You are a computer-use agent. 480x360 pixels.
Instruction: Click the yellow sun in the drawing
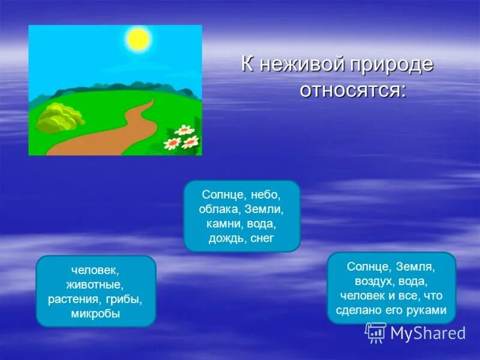coord(137,39)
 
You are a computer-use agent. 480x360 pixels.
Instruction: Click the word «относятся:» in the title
coord(352,91)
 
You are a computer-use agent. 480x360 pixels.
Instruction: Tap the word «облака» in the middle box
coord(220,209)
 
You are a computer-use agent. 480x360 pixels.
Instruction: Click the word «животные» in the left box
coord(96,285)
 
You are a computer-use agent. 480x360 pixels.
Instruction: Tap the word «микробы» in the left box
coord(96,313)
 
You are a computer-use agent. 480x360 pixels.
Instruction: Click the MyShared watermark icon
coord(376,332)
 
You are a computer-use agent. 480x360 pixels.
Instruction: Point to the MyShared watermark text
coord(427,333)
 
